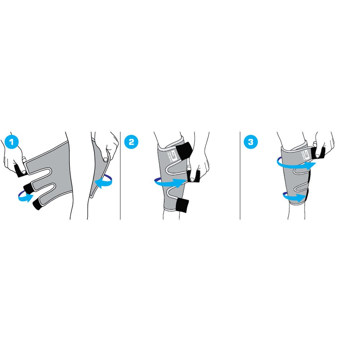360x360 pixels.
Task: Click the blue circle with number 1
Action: [x=12, y=142]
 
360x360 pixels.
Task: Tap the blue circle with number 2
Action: [x=131, y=142]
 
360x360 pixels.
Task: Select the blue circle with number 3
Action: [x=251, y=142]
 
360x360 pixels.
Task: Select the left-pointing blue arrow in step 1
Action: [x=104, y=181]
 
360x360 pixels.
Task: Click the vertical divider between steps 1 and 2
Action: [x=120, y=176]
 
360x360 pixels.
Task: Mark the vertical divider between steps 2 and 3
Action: [x=240, y=176]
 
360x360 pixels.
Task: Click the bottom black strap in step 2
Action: [x=182, y=206]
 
